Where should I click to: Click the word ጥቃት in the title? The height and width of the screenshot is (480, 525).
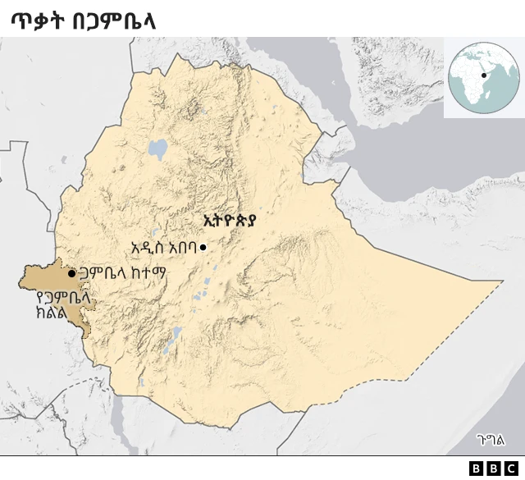[37, 21]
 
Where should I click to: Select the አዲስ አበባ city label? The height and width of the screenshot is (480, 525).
[163, 247]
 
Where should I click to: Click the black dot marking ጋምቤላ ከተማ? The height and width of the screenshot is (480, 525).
[72, 273]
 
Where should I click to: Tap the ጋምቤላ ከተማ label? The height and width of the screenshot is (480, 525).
[122, 273]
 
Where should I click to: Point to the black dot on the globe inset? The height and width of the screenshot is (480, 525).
[484, 75]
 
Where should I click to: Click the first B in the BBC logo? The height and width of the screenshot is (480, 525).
[477, 469]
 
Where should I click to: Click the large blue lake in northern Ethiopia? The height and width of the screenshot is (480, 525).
[157, 149]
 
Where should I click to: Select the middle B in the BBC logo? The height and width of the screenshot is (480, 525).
[493, 469]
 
